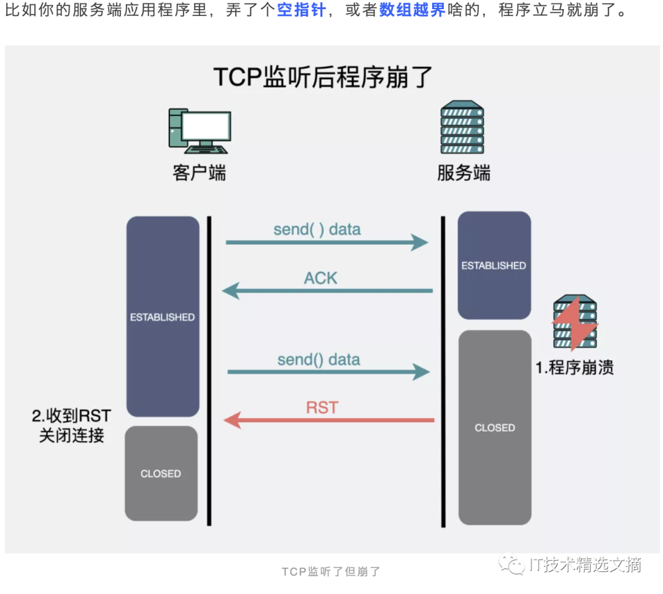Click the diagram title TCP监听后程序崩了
click(x=324, y=78)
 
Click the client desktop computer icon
click(x=200, y=131)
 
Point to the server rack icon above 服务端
click(x=462, y=128)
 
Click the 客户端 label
click(x=199, y=173)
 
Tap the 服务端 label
click(x=463, y=173)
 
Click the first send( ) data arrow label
click(x=317, y=229)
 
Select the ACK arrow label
click(x=320, y=278)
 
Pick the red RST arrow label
click(x=322, y=407)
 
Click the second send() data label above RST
click(x=319, y=360)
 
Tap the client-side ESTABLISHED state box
click(x=163, y=317)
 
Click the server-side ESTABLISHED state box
click(x=494, y=266)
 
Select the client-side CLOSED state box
click(x=161, y=474)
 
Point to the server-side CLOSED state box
click(x=495, y=428)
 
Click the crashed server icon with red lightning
click(x=575, y=322)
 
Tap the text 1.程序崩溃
click(x=575, y=368)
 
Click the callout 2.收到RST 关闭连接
click(x=71, y=426)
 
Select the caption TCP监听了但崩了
click(x=331, y=572)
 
